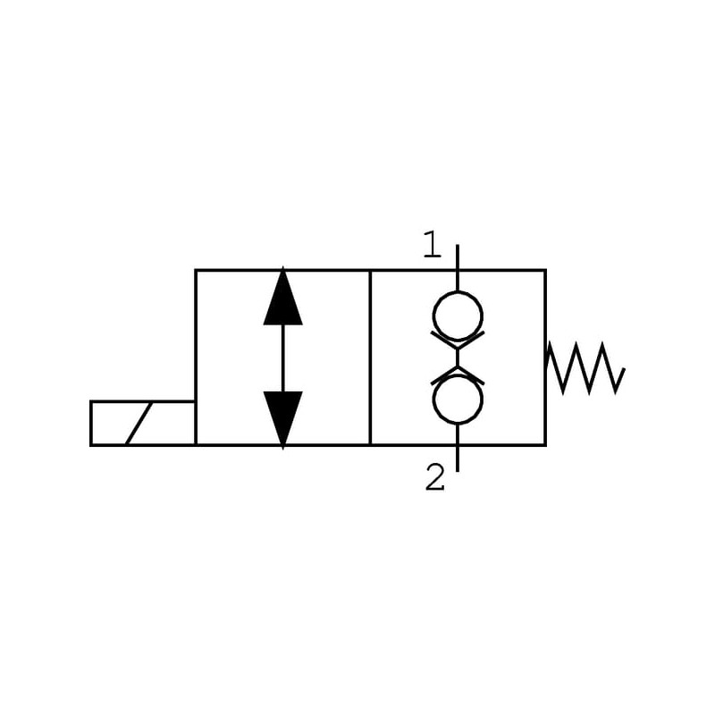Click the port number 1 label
coord(433,244)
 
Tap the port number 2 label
coord(434,478)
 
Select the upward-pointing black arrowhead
coord(283,297)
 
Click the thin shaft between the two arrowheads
coord(283,357)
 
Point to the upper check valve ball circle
coord(458,315)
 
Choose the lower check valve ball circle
coord(458,400)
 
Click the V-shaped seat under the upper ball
coord(458,340)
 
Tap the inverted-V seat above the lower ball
coord(458,375)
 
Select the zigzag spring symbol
coord(585,367)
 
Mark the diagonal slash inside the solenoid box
coord(138,423)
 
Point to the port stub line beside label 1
coord(458,257)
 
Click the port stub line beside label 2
coord(458,457)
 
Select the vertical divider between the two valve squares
coord(370,357)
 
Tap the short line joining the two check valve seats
coord(458,357)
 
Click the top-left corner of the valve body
coord(196,270)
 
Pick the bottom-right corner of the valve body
coord(545,444)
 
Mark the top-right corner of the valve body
coord(545,270)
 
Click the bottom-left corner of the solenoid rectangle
coord(91,444)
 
